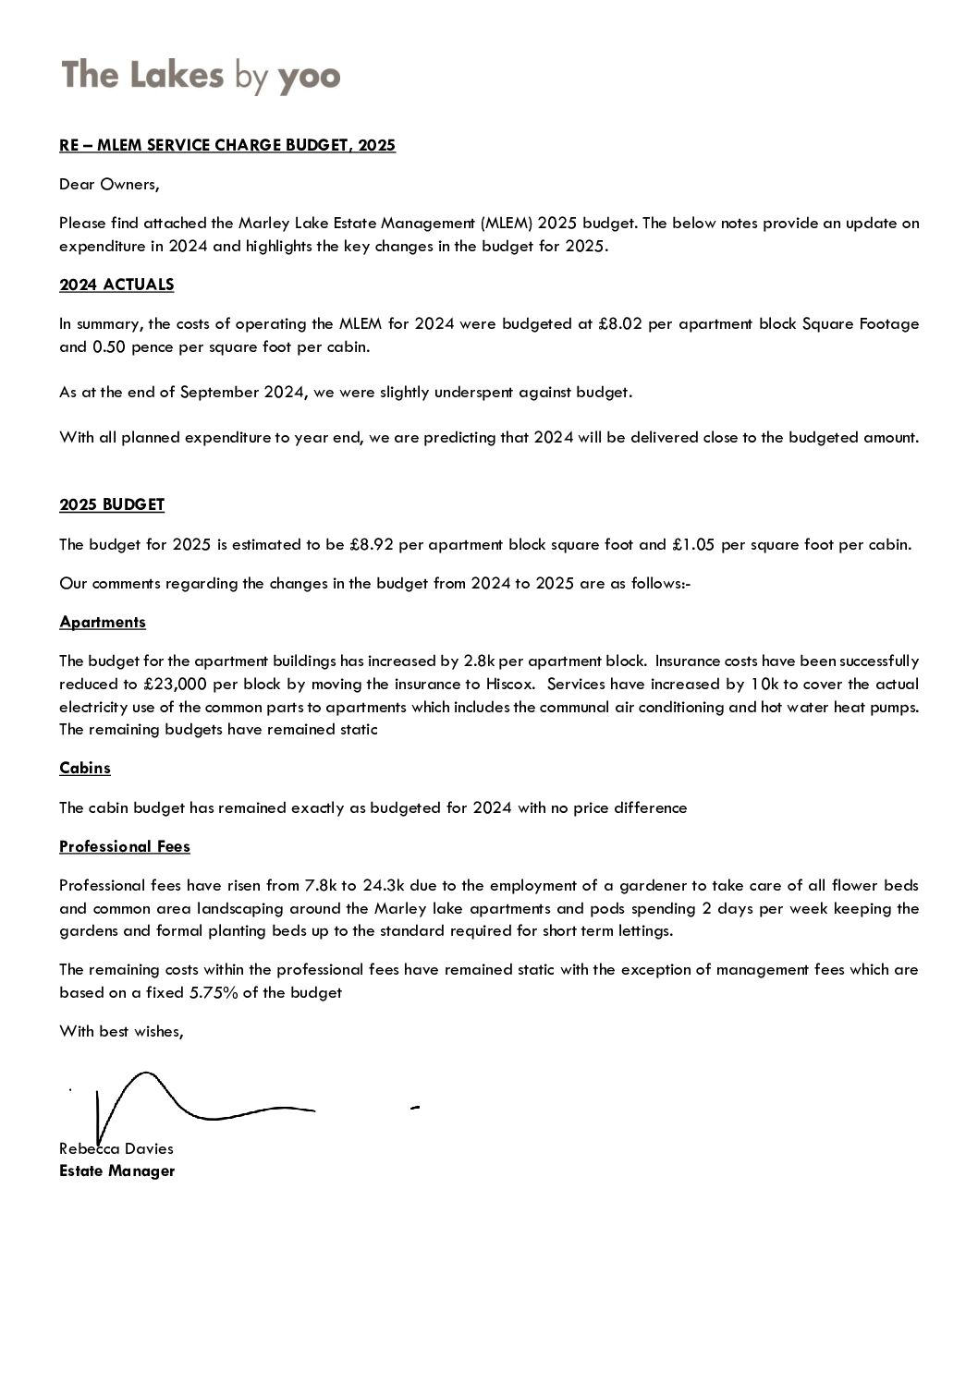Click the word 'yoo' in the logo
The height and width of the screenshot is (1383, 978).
pos(309,77)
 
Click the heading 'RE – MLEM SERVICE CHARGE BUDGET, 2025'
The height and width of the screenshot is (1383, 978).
pos(227,145)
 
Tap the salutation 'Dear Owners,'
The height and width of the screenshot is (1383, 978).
pos(109,184)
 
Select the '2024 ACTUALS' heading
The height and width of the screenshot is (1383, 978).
pos(116,285)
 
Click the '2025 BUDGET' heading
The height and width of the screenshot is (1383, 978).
pos(112,504)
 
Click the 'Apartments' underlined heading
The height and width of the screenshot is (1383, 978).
pos(103,622)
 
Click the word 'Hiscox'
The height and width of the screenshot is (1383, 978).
pos(510,685)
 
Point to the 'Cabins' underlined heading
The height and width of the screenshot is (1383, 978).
pos(85,768)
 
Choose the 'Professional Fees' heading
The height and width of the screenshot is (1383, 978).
pos(125,846)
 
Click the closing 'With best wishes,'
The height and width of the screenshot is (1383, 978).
pos(121,1031)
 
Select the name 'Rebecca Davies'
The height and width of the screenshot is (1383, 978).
pos(116,1148)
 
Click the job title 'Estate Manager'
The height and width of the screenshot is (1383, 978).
pos(116,1171)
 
